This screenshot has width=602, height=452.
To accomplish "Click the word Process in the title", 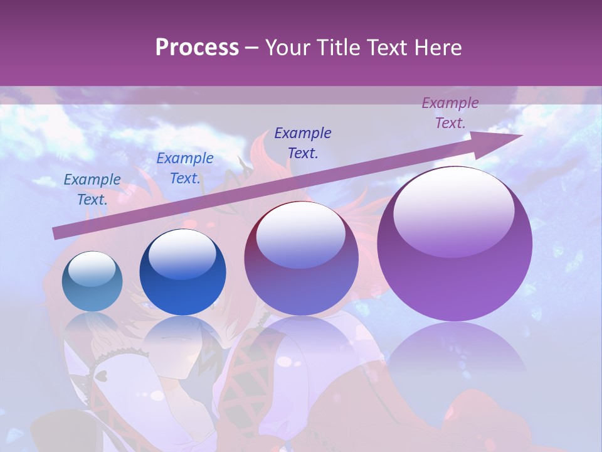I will point(197,48).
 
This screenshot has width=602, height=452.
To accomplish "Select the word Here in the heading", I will point(438,48).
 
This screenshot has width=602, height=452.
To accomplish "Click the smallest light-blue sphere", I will point(92,282).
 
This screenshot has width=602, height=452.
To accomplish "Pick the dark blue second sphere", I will point(182,273).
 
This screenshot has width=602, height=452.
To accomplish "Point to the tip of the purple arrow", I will point(522,135).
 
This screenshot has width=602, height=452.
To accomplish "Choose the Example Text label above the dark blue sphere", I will point(185,168).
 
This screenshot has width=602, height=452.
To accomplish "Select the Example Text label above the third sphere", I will point(303,143).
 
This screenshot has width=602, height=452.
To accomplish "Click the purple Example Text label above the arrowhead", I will point(450,113).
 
